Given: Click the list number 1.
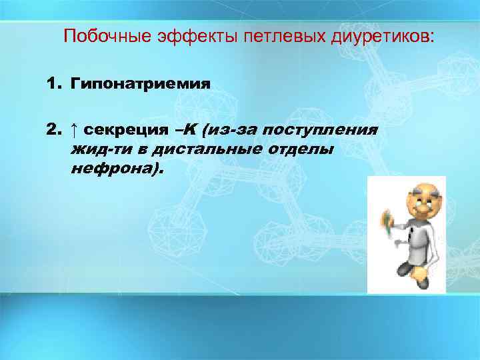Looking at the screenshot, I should click(54, 85).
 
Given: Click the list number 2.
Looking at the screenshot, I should click(54, 129).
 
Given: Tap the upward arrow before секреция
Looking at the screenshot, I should click(74, 129).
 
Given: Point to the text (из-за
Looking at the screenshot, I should click(231, 129).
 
